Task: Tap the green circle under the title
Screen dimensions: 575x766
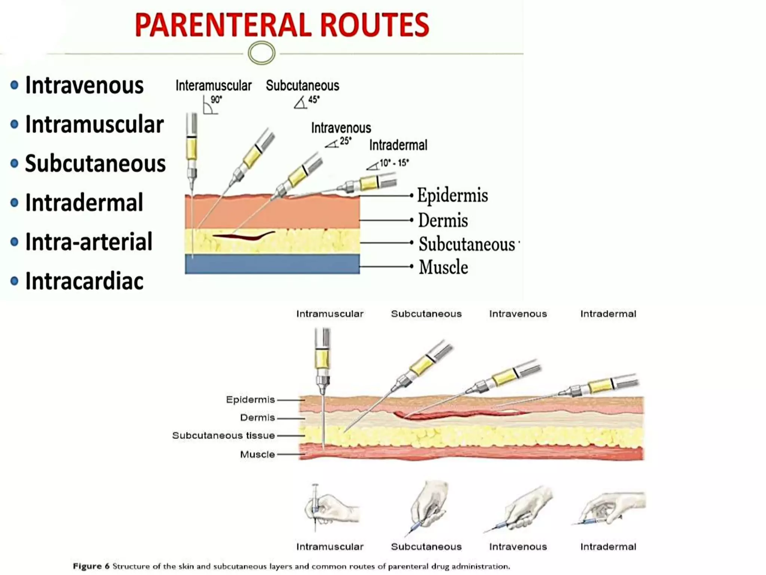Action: pos(261,53)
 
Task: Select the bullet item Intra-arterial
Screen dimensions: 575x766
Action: pos(89,242)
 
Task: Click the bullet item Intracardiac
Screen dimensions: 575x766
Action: pos(84,281)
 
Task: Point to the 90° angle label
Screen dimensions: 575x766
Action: pos(216,100)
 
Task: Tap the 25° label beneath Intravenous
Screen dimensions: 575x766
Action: pos(345,141)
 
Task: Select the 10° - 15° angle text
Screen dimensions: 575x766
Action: pos(394,163)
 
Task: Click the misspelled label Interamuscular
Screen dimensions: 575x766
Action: pos(214,86)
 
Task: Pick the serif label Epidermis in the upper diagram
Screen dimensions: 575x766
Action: pos(452,195)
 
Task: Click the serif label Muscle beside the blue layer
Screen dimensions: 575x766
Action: pos(443,267)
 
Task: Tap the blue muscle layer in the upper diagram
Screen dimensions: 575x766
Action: pos(272,264)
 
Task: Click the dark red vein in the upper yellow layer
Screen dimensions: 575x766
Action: pos(245,236)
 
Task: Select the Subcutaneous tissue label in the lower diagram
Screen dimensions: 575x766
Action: pos(223,435)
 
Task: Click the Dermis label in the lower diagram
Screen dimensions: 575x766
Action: pos(257,417)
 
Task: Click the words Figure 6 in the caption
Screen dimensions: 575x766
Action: pos(91,566)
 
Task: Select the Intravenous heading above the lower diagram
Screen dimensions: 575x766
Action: pos(518,314)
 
